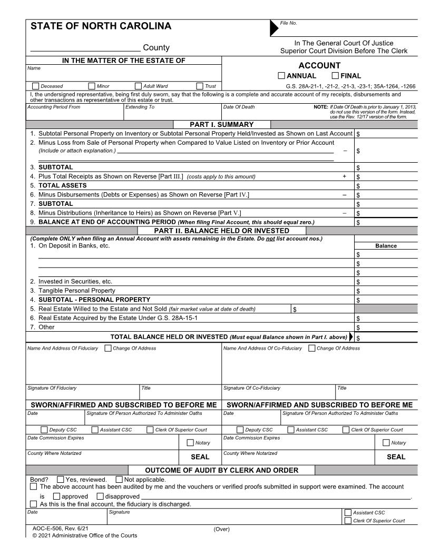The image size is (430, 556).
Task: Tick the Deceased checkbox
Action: point(35,86)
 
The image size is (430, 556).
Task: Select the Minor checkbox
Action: point(92,86)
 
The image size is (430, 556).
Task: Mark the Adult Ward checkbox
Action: point(139,86)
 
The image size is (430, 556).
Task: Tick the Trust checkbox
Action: point(200,86)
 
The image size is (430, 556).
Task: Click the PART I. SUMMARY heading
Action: point(222,124)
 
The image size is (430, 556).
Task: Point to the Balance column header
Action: point(386,246)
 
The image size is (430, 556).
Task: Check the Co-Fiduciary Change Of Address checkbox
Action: point(311,348)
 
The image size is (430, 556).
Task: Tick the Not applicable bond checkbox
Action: point(119,479)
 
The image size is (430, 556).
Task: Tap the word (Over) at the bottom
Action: point(221,529)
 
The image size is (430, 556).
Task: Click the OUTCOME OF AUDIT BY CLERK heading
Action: point(221,470)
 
